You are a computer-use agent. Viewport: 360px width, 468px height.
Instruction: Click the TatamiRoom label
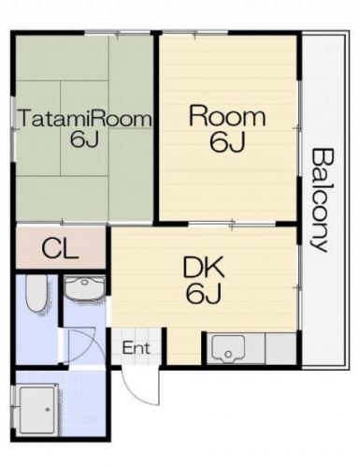point(86,118)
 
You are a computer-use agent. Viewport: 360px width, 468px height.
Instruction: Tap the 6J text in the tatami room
point(84,139)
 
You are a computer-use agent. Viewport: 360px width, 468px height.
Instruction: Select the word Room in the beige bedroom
point(227,116)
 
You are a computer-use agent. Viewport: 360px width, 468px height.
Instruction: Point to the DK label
point(203,268)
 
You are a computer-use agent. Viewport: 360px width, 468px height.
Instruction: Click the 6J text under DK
point(204,293)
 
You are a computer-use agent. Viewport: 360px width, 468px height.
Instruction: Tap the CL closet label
point(60,248)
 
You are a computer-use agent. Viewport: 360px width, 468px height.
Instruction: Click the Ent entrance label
point(137,348)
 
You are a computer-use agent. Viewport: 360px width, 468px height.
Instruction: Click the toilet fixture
point(36,294)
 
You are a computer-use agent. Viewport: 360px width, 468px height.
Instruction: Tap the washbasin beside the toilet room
point(84,289)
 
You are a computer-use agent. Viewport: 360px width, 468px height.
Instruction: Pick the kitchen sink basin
point(228,349)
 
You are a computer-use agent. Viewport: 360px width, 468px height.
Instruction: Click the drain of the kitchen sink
point(228,354)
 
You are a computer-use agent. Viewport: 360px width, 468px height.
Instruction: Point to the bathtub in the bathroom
point(37,409)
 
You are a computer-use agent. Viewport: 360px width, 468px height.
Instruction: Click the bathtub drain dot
point(48,409)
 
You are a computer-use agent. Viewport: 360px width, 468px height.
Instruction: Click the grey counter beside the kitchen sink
point(281,348)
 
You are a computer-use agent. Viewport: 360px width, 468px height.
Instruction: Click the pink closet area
point(61,248)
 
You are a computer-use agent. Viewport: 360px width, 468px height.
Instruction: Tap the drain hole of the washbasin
point(84,282)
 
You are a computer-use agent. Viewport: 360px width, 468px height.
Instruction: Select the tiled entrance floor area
point(137,346)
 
